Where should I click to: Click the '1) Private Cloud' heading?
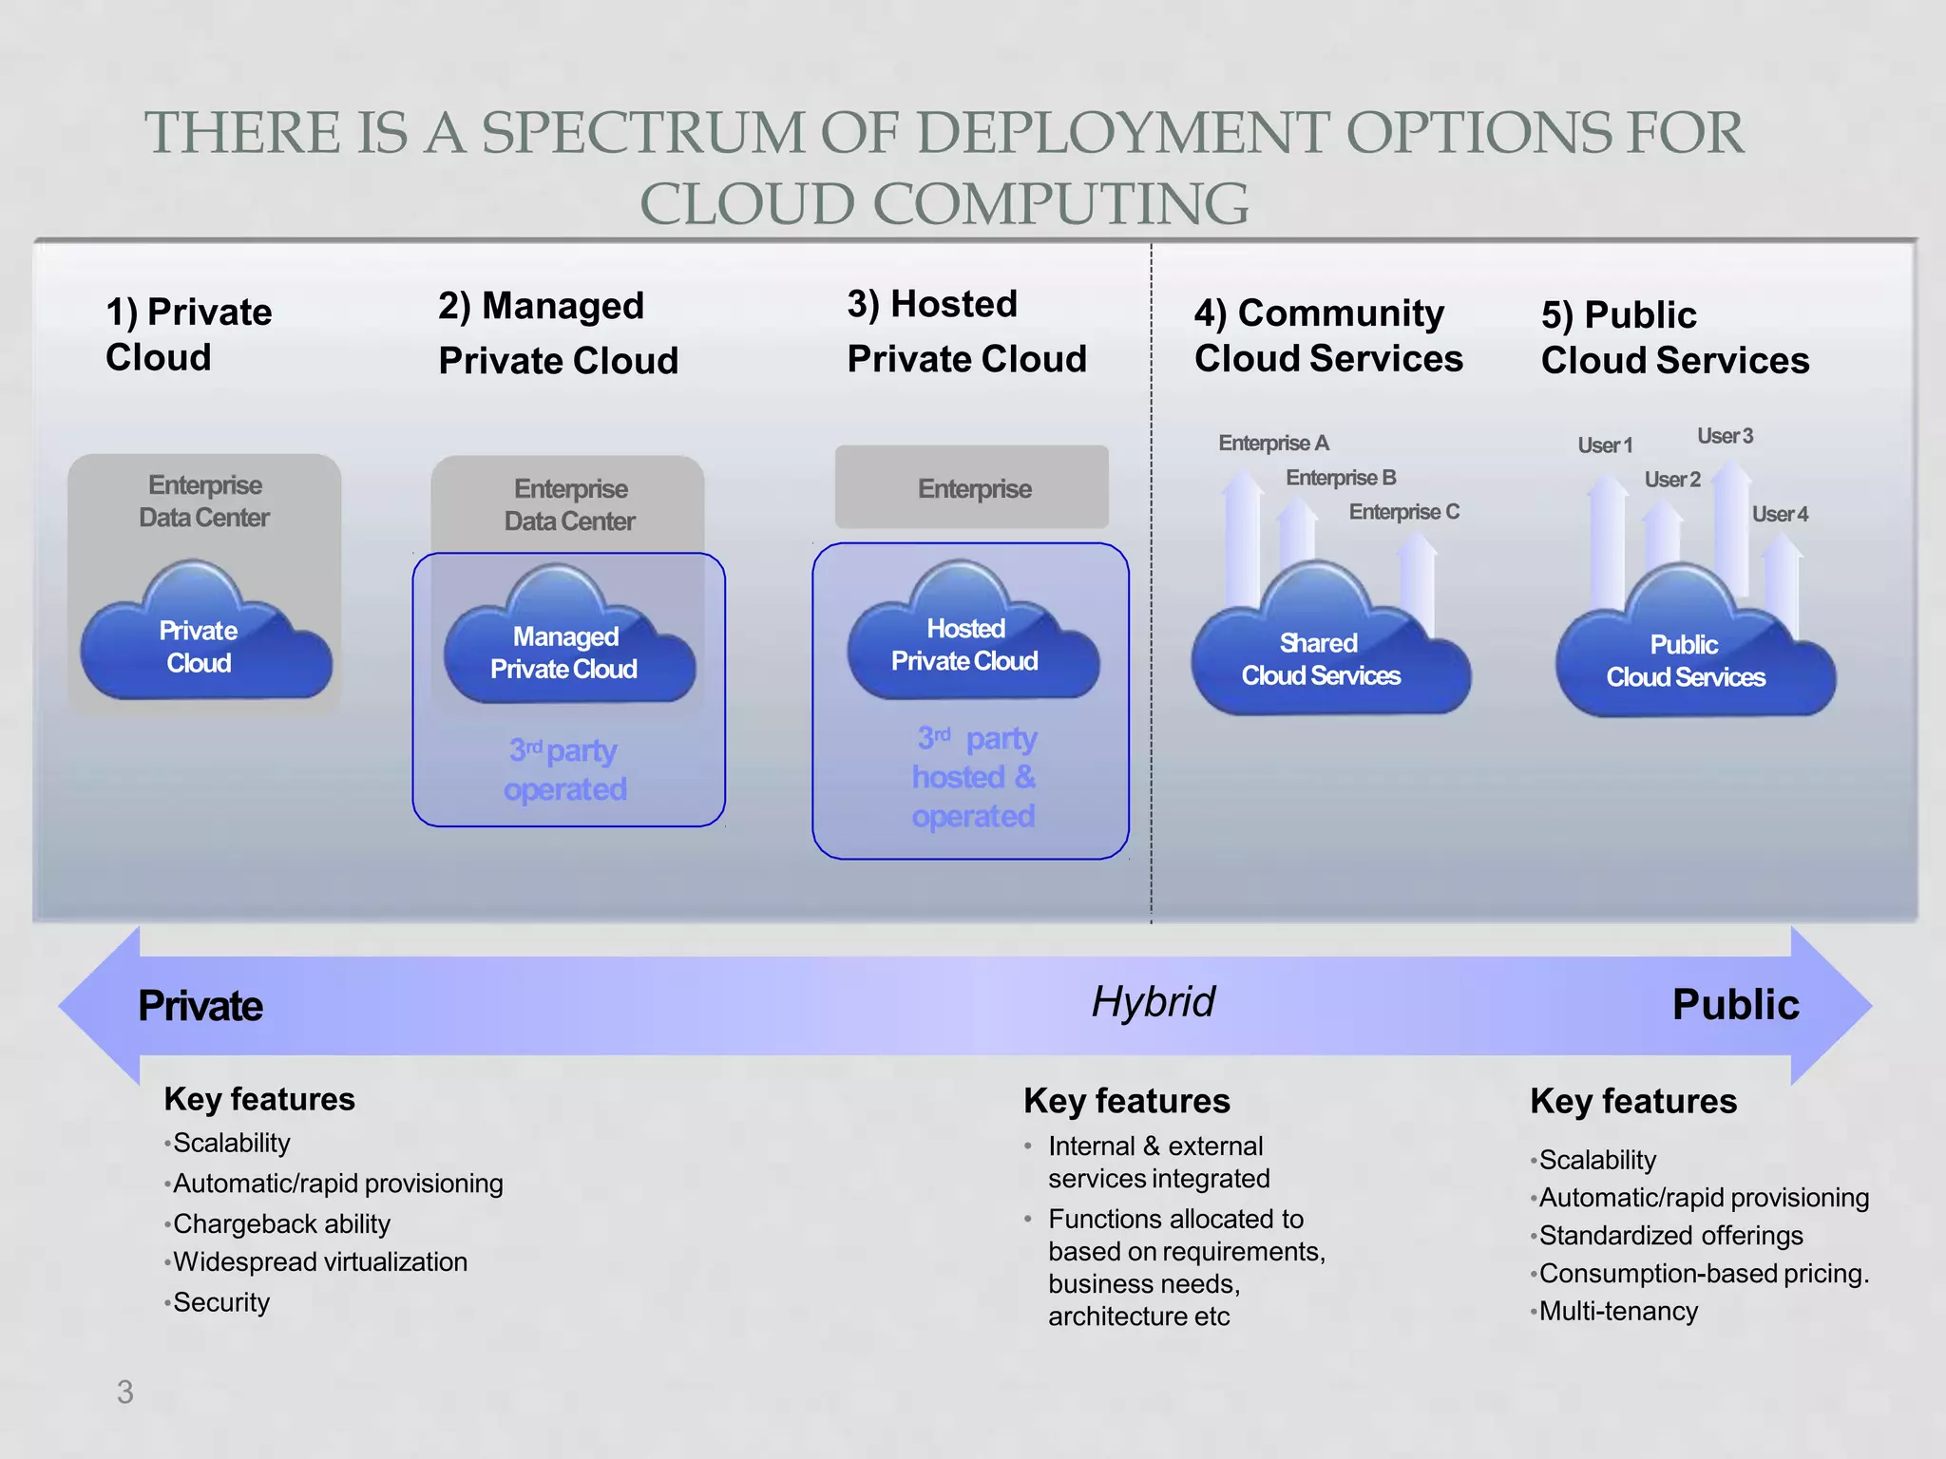pyautogui.click(x=188, y=333)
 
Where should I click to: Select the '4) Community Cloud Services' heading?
pyautogui.click(x=1327, y=335)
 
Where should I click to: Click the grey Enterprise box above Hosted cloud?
pyautogui.click(x=972, y=487)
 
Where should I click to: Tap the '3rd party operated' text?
pyautogui.click(x=565, y=769)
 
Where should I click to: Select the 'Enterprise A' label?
pyautogui.click(x=1273, y=443)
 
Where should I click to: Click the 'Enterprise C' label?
pyautogui.click(x=1403, y=512)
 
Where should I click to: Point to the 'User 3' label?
pyautogui.click(x=1725, y=436)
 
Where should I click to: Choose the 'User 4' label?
pyautogui.click(x=1780, y=514)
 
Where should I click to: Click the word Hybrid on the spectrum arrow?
pyautogui.click(x=1153, y=1002)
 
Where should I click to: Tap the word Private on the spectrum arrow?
pyautogui.click(x=200, y=1006)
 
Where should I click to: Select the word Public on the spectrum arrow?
pyautogui.click(x=1735, y=1005)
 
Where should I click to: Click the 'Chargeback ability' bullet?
pyautogui.click(x=281, y=1223)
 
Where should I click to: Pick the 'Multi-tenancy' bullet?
pyautogui.click(x=1617, y=1311)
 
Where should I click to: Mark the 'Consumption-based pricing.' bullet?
pyautogui.click(x=1703, y=1273)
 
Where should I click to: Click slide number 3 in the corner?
pyautogui.click(x=125, y=1392)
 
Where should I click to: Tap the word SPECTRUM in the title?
pyautogui.click(x=643, y=132)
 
